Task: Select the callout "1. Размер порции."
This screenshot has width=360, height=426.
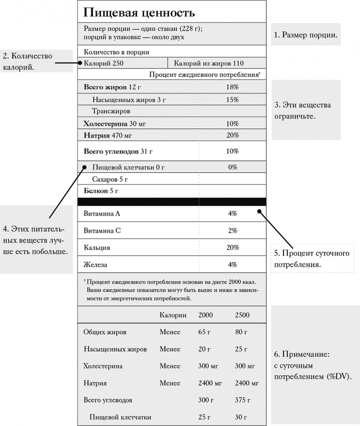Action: click(x=305, y=34)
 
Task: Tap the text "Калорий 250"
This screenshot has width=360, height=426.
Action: click(x=104, y=63)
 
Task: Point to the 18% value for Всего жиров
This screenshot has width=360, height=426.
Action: click(x=232, y=87)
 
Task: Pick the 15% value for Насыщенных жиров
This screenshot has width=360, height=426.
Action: click(x=232, y=99)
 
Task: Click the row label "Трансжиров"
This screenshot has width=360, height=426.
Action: click(x=111, y=111)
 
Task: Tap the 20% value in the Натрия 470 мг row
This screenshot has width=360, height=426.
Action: click(x=232, y=135)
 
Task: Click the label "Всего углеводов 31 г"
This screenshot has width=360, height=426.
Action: click(x=118, y=151)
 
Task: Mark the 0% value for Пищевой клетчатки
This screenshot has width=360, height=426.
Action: click(x=232, y=167)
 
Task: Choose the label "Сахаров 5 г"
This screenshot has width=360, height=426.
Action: click(x=110, y=179)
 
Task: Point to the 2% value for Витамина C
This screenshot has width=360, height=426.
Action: click(x=232, y=231)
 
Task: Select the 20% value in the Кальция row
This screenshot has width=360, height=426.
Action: click(x=232, y=247)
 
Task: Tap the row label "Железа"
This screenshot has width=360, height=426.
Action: click(x=95, y=265)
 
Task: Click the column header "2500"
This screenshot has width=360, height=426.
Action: click(x=242, y=315)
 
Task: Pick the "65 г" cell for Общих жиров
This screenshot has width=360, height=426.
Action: click(x=204, y=332)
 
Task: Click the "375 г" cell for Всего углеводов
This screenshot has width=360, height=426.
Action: click(x=243, y=400)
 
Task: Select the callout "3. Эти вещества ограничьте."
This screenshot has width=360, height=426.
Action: click(x=303, y=110)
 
